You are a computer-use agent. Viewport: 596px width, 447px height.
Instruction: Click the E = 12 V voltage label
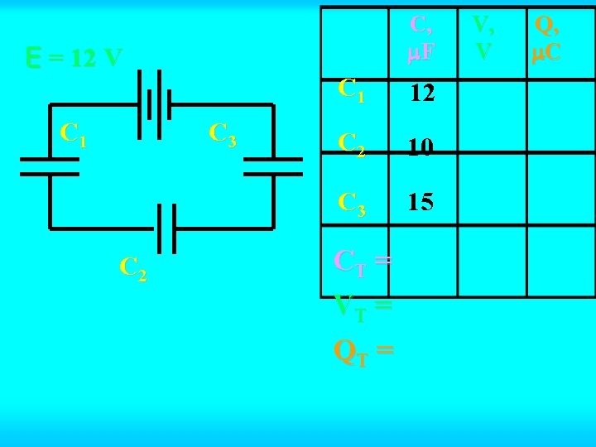point(74,58)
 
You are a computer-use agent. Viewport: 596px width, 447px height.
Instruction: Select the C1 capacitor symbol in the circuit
point(49,166)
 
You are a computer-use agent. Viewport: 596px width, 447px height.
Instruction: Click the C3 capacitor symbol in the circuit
point(273,166)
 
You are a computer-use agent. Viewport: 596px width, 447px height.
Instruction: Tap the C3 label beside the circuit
point(223,134)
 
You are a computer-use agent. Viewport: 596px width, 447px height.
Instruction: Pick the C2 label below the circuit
point(133,267)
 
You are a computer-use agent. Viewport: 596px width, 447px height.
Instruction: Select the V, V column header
point(483,38)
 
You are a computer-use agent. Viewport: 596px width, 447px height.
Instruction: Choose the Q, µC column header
point(547,38)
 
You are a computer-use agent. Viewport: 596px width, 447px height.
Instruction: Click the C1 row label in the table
point(351,90)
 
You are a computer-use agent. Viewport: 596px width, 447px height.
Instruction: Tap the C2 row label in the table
point(352,147)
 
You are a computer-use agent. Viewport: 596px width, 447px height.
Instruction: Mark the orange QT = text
point(363,352)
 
